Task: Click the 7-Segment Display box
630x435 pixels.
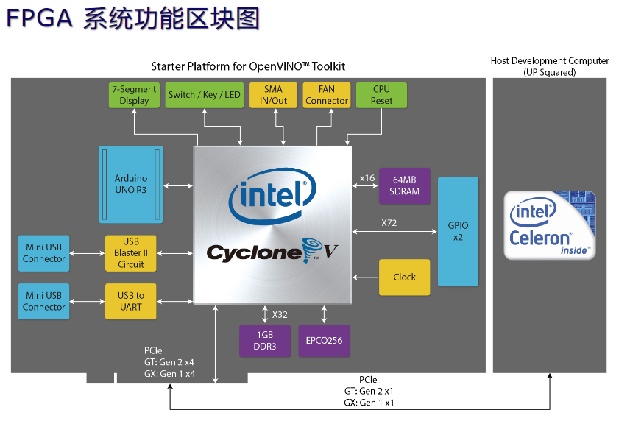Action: click(x=133, y=95)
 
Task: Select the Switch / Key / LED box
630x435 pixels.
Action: click(x=204, y=95)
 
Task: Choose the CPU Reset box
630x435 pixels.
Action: click(x=381, y=95)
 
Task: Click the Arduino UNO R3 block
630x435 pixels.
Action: click(x=131, y=184)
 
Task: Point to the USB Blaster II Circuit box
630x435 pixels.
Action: click(x=130, y=252)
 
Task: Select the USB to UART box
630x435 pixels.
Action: click(x=130, y=300)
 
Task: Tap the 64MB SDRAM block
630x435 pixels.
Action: click(x=406, y=185)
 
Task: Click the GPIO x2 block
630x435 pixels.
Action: click(x=458, y=231)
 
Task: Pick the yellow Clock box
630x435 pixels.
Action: click(x=404, y=277)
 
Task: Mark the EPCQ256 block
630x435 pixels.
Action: click(x=324, y=341)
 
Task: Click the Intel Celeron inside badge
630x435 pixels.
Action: click(x=549, y=225)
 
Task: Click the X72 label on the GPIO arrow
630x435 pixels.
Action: click(x=389, y=222)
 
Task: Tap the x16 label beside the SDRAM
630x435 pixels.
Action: click(x=367, y=177)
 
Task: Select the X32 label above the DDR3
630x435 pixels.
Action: click(x=280, y=314)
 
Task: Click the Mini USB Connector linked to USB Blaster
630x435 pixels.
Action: click(x=44, y=252)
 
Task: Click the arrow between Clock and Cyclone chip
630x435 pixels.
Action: click(x=366, y=277)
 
